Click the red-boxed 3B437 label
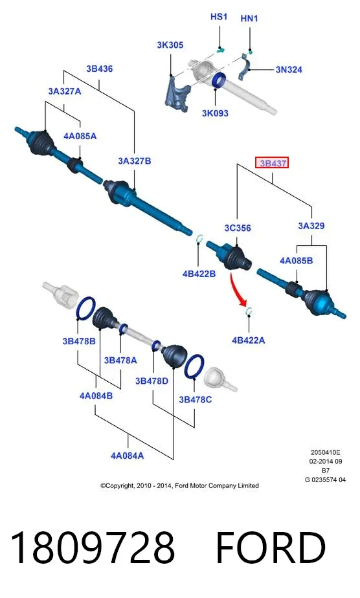point(272,163)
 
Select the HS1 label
point(219,17)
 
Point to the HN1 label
point(249,18)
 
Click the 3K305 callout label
point(170,45)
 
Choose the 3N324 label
point(289,70)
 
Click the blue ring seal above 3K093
point(219,80)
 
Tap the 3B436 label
point(100,69)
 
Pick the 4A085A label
point(80,136)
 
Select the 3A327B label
point(134,161)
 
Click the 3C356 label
point(238,228)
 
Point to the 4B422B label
point(199,274)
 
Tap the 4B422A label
point(248,340)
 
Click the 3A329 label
point(311,226)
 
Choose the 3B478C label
point(196,400)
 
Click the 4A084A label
point(127,456)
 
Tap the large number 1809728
point(93,548)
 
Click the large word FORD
point(271,548)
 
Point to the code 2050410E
point(325,452)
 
